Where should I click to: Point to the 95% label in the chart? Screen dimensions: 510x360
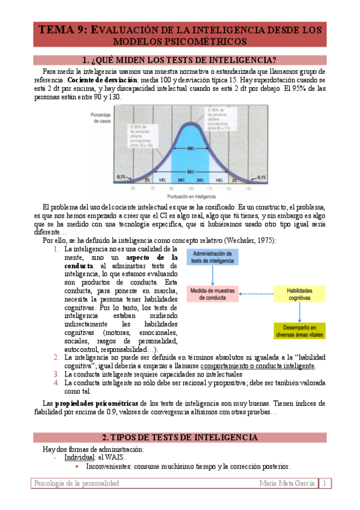[x=191, y=171]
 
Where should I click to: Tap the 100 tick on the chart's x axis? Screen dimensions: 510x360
[x=191, y=188]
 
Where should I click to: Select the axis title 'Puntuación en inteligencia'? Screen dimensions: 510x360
[x=191, y=196]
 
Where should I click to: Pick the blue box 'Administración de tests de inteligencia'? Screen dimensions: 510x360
[x=216, y=257]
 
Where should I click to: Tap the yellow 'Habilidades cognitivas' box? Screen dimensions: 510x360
[x=299, y=294]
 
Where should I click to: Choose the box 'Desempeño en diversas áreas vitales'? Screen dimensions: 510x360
[x=299, y=330]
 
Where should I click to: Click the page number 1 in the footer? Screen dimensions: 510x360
[x=325, y=484]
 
